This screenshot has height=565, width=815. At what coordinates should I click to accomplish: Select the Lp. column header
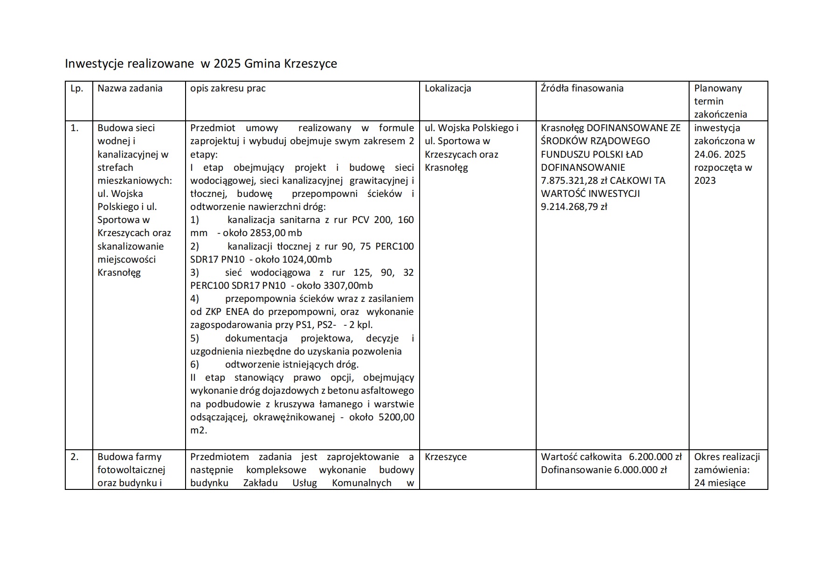pyautogui.click(x=77, y=89)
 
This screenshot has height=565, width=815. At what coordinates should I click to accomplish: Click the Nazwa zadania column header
pyautogui.click(x=130, y=89)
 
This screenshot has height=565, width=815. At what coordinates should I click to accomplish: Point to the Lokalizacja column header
pyautogui.click(x=448, y=89)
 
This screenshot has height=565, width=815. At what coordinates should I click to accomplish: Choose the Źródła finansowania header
pyautogui.click(x=582, y=89)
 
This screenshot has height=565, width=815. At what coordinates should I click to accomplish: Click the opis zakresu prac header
pyautogui.click(x=228, y=89)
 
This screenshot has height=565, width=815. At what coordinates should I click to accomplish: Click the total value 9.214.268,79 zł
pyautogui.click(x=573, y=207)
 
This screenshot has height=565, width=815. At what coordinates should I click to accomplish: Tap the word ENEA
pyautogui.click(x=244, y=312)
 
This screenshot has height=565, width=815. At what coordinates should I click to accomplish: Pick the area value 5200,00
pyautogui.click(x=396, y=417)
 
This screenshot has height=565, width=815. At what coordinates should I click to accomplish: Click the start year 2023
pyautogui.click(x=704, y=181)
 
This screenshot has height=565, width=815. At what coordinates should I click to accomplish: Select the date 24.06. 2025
pyautogui.click(x=720, y=154)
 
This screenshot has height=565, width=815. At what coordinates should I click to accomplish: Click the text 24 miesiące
pyautogui.click(x=719, y=483)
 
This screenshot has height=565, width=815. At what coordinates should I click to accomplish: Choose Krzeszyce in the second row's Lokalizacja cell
pyautogui.click(x=445, y=457)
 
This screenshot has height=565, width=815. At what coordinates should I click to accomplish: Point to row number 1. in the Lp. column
pyautogui.click(x=75, y=128)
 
